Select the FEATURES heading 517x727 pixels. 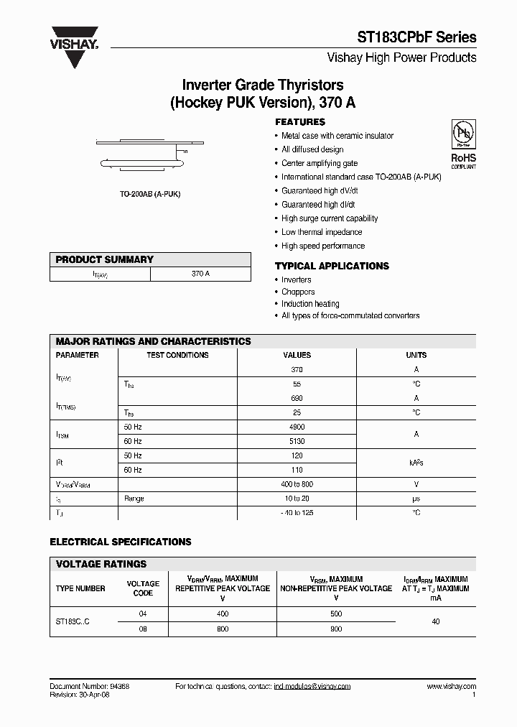[300, 122]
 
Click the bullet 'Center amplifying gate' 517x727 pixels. [319, 163]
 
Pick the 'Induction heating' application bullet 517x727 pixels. [310, 304]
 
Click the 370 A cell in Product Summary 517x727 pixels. [200, 274]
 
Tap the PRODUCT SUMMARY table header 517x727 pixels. [105, 259]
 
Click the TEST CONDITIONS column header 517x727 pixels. [177, 355]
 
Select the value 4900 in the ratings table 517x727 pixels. [297, 427]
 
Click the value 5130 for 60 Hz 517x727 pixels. [297, 441]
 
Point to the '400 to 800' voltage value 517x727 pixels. [297, 484]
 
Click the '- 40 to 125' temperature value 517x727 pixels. [297, 513]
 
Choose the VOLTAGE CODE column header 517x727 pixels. [143, 588]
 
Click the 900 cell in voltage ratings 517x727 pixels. [335, 629]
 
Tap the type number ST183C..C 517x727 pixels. [73, 621]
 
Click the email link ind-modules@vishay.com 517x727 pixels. [312, 687]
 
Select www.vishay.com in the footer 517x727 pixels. [451, 687]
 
